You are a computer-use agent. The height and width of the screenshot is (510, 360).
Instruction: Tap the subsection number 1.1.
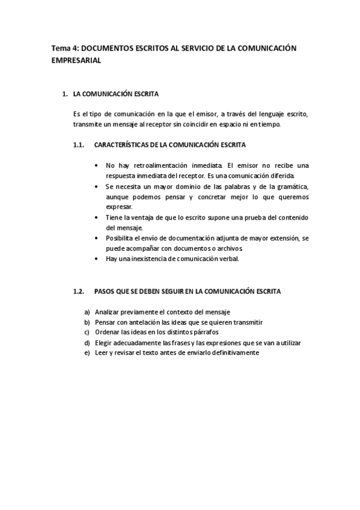tap(78, 145)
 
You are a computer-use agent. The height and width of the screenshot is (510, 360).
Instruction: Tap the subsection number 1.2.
tap(78, 292)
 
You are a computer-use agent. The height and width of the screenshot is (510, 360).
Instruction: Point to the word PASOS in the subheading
tap(105, 292)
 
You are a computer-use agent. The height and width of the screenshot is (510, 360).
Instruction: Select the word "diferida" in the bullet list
tap(282, 176)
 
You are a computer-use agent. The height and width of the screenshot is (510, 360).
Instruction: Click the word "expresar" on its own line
tap(119, 206)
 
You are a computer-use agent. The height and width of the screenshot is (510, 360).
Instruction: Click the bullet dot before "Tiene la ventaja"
tap(98, 217)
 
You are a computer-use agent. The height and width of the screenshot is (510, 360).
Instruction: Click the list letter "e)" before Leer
tap(88, 353)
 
